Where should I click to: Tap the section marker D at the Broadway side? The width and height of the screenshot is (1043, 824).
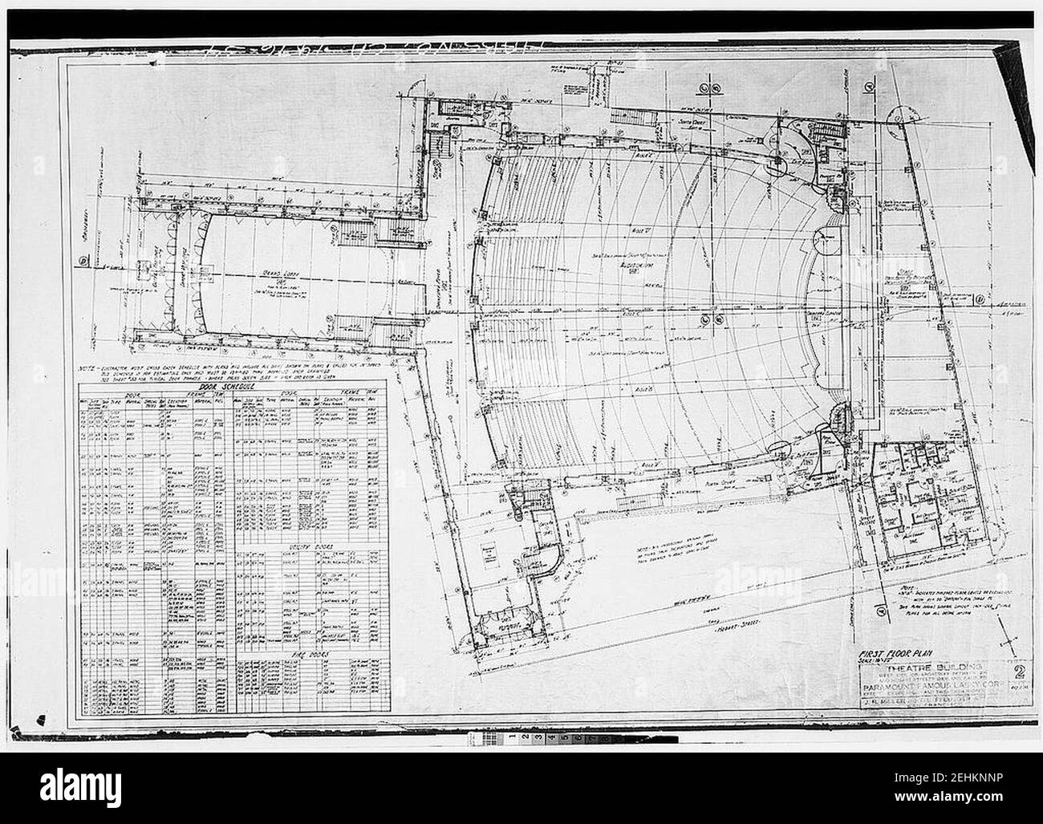click(x=83, y=261)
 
